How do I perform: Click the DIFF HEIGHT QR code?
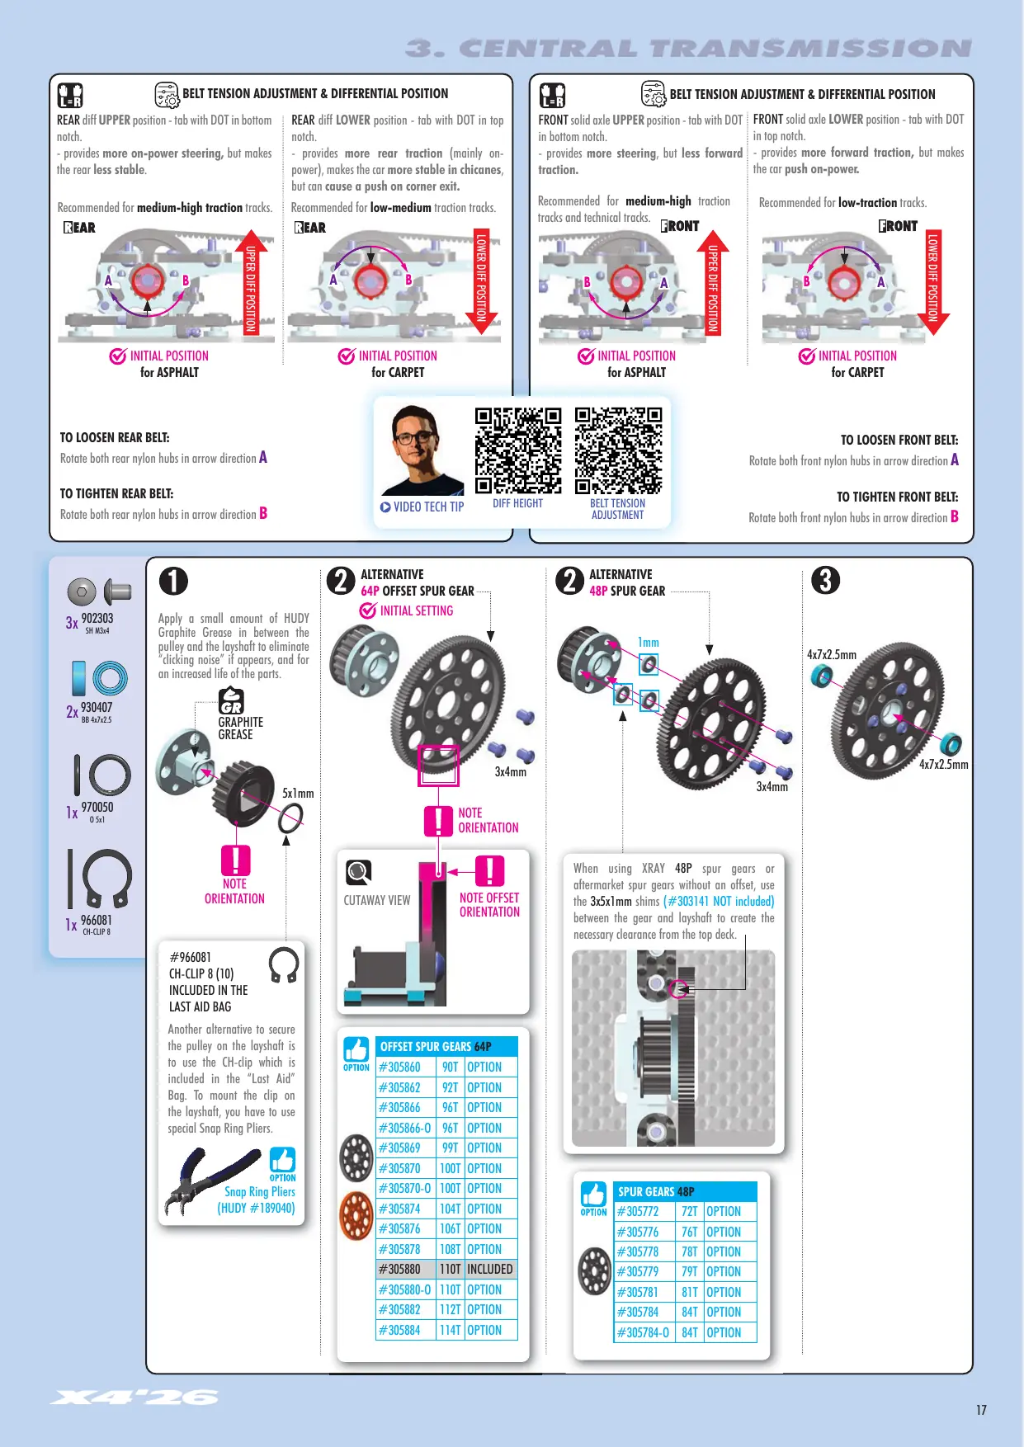(518, 451)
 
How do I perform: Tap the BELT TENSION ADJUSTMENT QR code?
(618, 451)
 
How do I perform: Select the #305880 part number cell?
(405, 1270)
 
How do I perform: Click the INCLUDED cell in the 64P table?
(490, 1270)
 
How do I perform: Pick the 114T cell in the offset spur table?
(450, 1330)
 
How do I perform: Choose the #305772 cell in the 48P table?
(644, 1211)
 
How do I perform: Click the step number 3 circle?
(825, 580)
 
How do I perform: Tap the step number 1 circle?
(173, 581)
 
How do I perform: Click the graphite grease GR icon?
(231, 701)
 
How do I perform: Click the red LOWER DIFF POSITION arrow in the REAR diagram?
(481, 281)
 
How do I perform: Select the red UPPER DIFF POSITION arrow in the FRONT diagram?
(713, 281)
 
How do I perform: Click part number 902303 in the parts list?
(97, 618)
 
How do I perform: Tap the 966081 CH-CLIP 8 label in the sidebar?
(97, 924)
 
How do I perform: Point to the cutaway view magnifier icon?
(358, 871)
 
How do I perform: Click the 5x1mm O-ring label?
(298, 794)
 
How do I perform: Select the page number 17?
(981, 1410)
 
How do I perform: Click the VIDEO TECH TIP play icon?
(385, 507)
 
